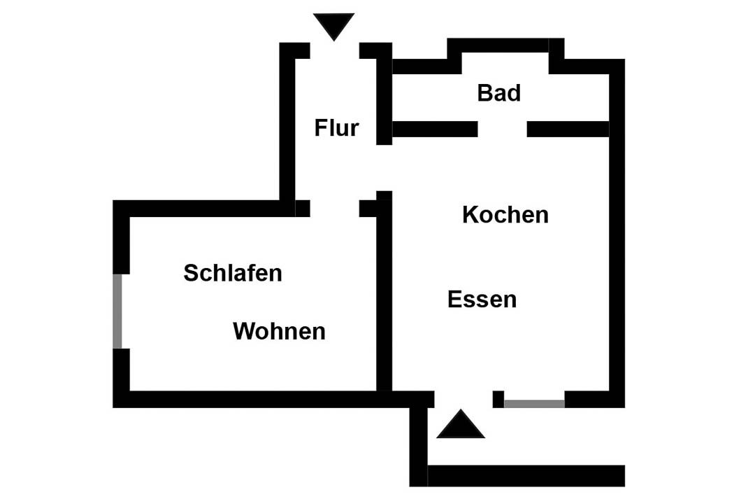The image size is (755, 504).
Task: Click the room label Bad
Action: click(499, 92)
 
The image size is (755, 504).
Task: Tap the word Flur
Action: click(336, 128)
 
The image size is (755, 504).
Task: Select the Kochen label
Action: click(505, 215)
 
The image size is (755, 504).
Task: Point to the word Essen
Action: click(482, 299)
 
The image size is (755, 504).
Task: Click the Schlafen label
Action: click(233, 273)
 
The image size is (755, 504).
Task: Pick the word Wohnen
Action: click(279, 331)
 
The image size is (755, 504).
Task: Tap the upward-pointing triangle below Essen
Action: click(460, 424)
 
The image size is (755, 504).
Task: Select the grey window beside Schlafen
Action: click(117, 311)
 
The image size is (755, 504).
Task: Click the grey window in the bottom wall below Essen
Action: click(535, 404)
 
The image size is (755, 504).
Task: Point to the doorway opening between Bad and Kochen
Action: click(502, 129)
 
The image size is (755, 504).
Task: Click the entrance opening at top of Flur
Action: click(335, 50)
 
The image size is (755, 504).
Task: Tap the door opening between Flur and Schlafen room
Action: click(335, 209)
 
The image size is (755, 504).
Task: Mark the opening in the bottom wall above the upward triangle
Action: click(463, 399)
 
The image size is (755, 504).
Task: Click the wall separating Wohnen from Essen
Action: click(384, 290)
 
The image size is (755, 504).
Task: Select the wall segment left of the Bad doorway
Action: click(436, 129)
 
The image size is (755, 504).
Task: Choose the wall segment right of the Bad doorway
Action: click(568, 129)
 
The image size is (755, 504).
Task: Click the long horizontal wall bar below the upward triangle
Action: click(526, 475)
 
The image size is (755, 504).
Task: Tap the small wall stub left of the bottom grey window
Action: click(498, 399)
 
